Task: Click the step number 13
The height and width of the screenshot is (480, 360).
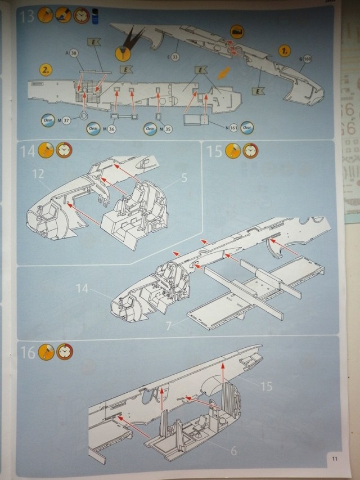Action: [27, 16]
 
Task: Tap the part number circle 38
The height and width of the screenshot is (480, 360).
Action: [73, 52]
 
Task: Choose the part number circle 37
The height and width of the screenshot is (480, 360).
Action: [66, 120]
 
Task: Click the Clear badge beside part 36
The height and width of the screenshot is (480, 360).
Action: [93, 129]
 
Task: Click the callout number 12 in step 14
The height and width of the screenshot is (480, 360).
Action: [38, 174]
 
